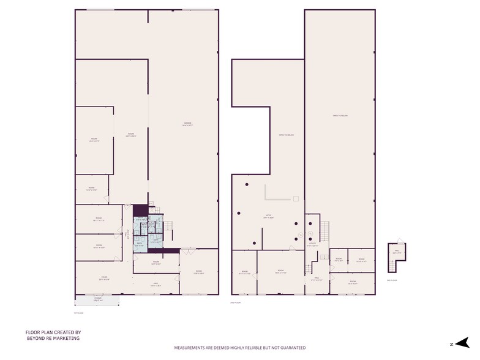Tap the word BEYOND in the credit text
[x=35, y=337]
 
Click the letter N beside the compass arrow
[x=451, y=344]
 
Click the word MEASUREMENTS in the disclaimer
[x=191, y=348]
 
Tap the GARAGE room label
[x=187, y=124]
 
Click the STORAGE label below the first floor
[x=97, y=300]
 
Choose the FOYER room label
[x=104, y=279]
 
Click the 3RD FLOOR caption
[x=392, y=280]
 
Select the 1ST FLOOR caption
[x=78, y=312]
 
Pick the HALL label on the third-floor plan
[x=397, y=251]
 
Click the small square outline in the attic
[x=296, y=198]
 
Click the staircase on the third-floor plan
[x=391, y=265]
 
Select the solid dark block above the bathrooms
[x=140, y=210]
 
